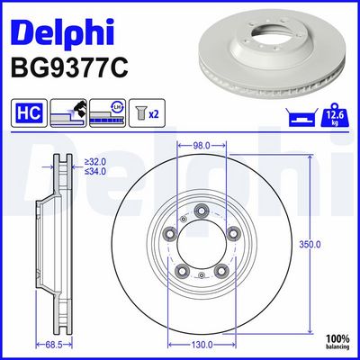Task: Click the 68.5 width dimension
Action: click(59, 343)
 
